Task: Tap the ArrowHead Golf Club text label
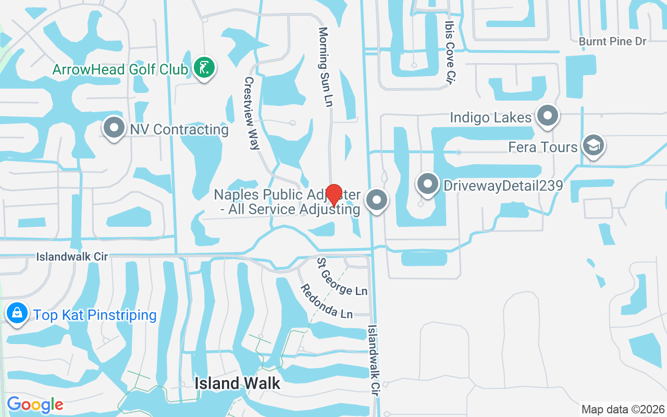pyautogui.click(x=120, y=69)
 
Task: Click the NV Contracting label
pyautogui.click(x=179, y=129)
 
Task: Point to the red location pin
pyautogui.click(x=333, y=195)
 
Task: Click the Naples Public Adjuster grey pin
pyautogui.click(x=377, y=201)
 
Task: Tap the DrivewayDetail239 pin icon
pyautogui.click(x=428, y=184)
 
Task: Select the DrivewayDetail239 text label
pyautogui.click(x=503, y=186)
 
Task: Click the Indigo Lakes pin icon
pyautogui.click(x=547, y=116)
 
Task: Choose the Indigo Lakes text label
pyautogui.click(x=491, y=117)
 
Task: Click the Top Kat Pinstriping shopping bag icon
pyautogui.click(x=17, y=313)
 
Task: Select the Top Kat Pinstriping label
pyautogui.click(x=95, y=315)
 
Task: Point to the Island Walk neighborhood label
pyautogui.click(x=238, y=384)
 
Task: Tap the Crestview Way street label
pyautogui.click(x=252, y=113)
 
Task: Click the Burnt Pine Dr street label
pyautogui.click(x=612, y=41)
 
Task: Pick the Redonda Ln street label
pyautogui.click(x=327, y=302)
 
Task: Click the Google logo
pyautogui.click(x=34, y=404)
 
